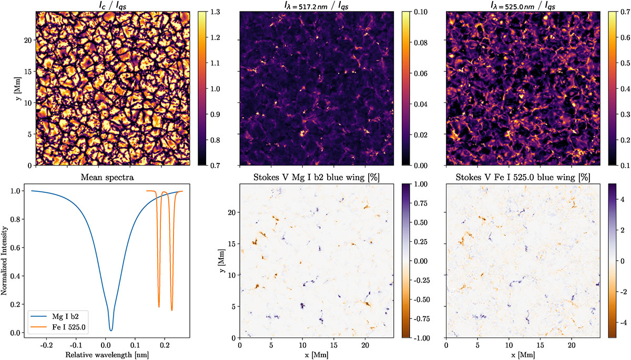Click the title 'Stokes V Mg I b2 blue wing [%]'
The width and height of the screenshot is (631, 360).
(314, 178)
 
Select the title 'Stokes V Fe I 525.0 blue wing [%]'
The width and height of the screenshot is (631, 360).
(520, 178)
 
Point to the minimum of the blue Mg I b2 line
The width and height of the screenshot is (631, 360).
(111, 330)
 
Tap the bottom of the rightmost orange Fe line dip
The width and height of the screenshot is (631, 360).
(172, 310)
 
